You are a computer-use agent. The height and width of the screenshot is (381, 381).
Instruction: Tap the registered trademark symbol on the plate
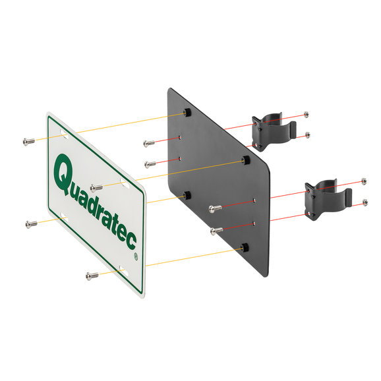point(136,256)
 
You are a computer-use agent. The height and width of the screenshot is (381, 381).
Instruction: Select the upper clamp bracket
point(274,131)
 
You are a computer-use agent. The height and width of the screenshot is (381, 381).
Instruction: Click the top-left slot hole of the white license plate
point(65,134)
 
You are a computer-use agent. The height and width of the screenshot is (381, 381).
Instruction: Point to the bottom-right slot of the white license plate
point(124,272)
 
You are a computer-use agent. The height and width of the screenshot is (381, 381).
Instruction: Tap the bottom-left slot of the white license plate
point(64,217)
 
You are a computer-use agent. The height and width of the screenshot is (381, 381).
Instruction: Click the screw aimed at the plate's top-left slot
point(28,142)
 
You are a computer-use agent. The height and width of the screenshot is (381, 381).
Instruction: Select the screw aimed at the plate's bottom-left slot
point(32,224)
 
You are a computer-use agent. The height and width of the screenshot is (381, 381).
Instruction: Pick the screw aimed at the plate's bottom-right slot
point(92,276)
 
